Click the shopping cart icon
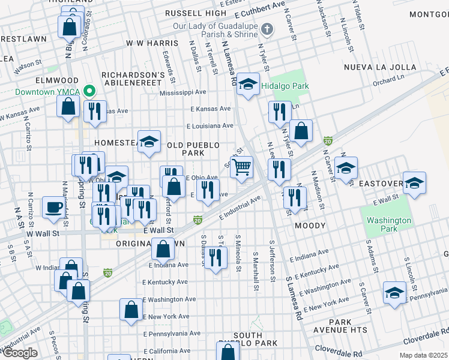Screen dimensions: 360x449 241,167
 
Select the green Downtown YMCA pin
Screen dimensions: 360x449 89,92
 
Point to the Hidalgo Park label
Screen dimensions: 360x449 285,86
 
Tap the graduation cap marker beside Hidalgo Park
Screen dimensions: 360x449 247,84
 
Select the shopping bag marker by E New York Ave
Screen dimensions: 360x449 131,310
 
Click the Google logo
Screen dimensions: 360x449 19,353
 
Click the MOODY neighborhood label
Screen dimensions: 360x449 310,226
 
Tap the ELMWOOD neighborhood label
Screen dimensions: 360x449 40,80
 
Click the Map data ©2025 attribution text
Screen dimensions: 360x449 423,355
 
